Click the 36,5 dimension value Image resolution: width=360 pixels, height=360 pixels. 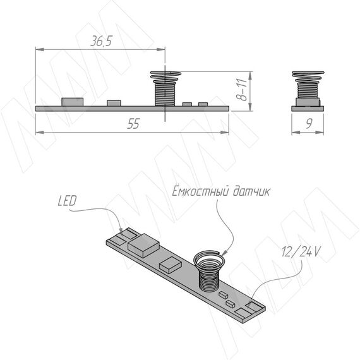[101, 41]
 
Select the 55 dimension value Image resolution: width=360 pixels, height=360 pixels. [133, 124]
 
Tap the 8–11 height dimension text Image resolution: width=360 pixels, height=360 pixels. [241, 90]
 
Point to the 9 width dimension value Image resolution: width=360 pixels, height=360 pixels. [309, 124]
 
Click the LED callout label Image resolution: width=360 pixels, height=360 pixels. [67, 201]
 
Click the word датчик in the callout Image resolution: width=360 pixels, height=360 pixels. [251, 192]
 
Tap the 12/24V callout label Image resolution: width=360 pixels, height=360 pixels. [300, 251]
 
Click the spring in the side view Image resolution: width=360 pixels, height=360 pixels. [165, 88]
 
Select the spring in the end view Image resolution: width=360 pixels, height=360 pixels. [308, 85]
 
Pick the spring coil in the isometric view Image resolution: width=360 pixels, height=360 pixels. [209, 271]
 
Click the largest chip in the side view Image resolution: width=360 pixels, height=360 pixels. [73, 102]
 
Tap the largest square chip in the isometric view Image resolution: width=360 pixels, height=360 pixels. [144, 245]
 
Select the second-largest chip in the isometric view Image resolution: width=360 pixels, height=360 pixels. [171, 265]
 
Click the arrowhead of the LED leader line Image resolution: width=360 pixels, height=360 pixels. [121, 229]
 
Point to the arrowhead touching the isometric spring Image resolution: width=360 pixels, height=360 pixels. [225, 253]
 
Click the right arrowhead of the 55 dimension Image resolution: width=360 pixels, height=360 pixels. [225, 133]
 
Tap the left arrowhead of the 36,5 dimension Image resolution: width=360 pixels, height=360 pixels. [40, 49]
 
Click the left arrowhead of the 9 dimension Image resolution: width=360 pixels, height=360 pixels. [296, 133]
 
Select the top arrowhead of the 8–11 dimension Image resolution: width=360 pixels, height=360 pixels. [250, 76]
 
